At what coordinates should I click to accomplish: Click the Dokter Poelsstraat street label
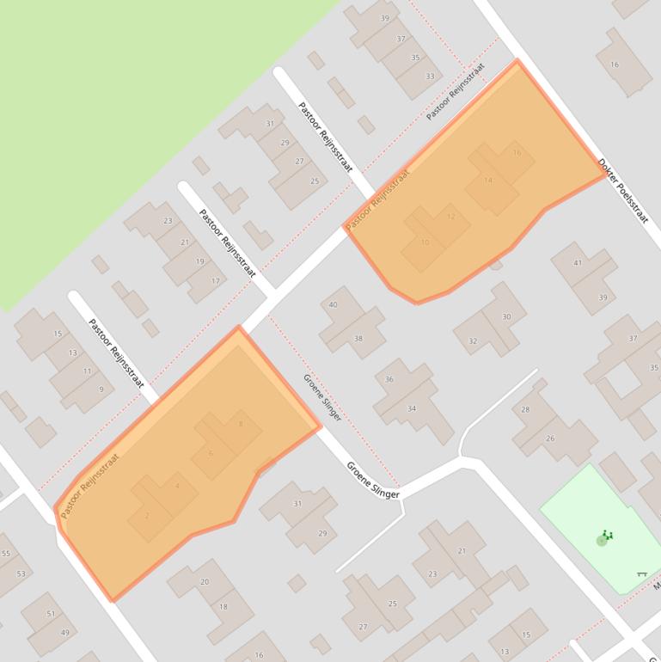622,190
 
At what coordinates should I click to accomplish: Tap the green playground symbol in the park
604,538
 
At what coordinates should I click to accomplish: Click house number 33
430,77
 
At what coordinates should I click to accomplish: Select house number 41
578,263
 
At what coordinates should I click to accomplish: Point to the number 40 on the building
333,304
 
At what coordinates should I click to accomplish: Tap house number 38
358,338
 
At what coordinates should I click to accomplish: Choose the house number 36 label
389,379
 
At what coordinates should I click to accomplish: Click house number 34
412,408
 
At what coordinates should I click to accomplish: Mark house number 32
473,341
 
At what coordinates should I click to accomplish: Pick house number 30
507,316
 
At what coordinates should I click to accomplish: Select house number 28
525,409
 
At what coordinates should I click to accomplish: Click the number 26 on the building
550,438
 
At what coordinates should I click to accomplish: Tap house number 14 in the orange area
488,181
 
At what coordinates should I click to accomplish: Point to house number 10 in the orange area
425,242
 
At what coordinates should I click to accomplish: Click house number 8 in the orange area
241,424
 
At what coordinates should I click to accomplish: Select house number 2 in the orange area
147,515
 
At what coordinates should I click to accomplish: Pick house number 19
199,261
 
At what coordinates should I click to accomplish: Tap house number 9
101,389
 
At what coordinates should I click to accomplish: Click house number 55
6,554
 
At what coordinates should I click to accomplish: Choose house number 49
64,633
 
